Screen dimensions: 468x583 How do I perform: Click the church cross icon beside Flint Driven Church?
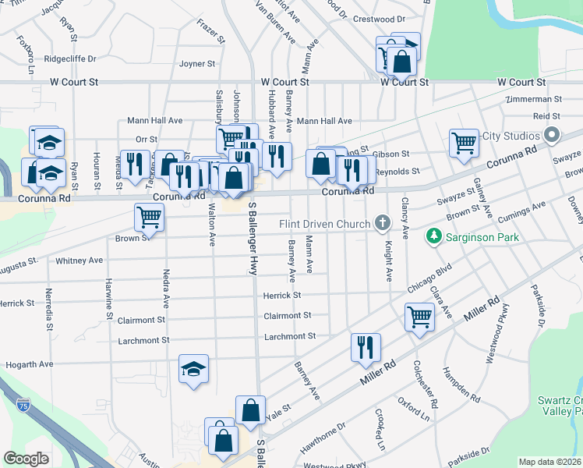[382, 224]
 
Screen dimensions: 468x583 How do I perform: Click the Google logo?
[26, 459]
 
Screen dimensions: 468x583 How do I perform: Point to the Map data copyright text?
[550, 462]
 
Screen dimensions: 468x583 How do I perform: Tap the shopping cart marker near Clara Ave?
[419, 317]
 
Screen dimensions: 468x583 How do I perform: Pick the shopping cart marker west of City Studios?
[464, 143]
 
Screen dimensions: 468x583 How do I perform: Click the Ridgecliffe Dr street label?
[69, 58]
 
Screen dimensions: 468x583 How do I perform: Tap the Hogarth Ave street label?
[30, 364]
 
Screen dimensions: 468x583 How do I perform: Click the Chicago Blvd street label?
[429, 280]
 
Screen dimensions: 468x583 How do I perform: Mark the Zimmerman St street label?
[533, 100]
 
